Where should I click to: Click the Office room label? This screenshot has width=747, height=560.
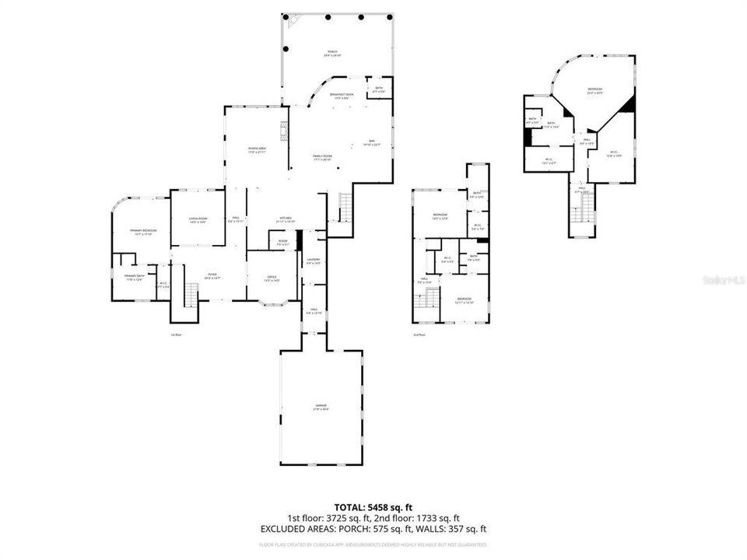(272, 278)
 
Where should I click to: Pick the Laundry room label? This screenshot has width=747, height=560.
(314, 261)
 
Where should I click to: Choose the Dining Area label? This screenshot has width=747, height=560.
(257, 150)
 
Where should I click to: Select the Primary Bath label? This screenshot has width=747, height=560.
(135, 277)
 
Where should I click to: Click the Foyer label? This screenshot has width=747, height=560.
(212, 275)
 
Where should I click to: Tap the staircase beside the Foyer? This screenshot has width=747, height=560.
(191, 295)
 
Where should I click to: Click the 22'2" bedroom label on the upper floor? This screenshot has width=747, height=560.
(595, 91)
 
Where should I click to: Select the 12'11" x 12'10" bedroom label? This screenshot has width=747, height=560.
(464, 300)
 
